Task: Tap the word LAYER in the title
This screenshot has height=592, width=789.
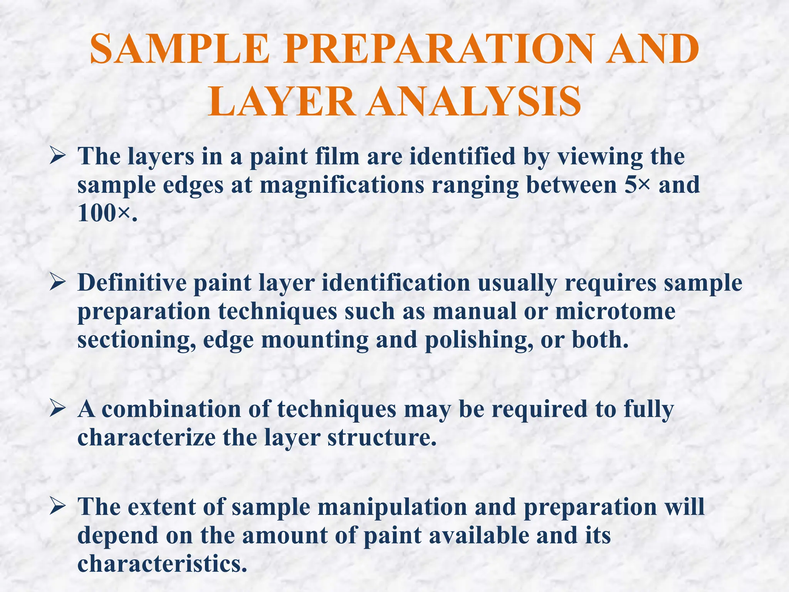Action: click(282, 102)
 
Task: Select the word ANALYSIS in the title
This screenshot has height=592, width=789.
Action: click(473, 102)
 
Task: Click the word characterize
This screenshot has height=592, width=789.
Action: click(146, 438)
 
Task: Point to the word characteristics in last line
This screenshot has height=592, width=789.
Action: click(162, 564)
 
